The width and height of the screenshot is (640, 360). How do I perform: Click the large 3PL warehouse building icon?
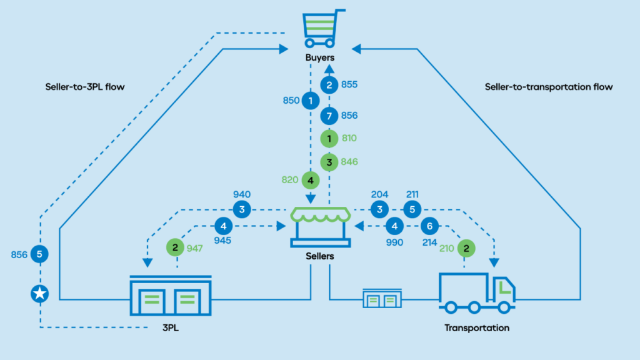pyautogui.click(x=170, y=296)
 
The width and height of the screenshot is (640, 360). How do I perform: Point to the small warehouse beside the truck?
pyautogui.click(x=381, y=299)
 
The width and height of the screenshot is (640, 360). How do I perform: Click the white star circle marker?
pyautogui.click(x=39, y=294)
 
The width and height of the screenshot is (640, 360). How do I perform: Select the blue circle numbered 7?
pyautogui.click(x=329, y=116)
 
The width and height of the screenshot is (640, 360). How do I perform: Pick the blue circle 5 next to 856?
pyautogui.click(x=39, y=254)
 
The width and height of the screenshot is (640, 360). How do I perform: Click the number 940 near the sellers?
pyautogui.click(x=241, y=195)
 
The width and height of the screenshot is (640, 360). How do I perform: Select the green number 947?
pyautogui.click(x=196, y=248)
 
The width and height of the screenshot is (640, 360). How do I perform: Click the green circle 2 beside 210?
pyautogui.click(x=466, y=248)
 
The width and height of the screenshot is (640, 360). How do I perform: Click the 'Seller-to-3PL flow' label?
pyautogui.click(x=85, y=87)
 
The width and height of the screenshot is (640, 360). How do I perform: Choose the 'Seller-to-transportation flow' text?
pyautogui.click(x=548, y=87)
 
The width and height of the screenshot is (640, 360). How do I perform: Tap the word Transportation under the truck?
pyautogui.click(x=476, y=327)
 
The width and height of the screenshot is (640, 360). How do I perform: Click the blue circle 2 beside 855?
pyautogui.click(x=329, y=84)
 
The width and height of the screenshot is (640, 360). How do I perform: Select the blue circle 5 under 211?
pyautogui.click(x=412, y=209)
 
